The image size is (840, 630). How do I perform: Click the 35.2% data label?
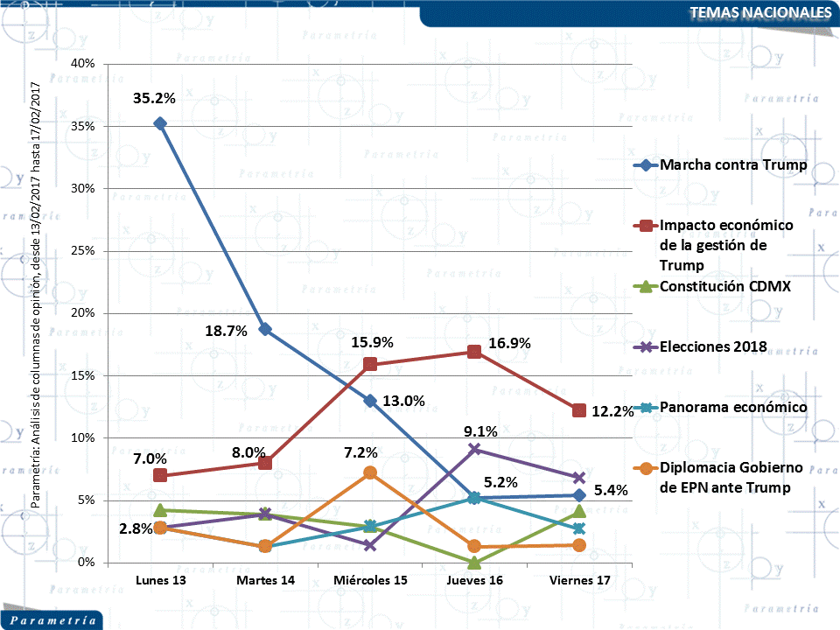pyautogui.click(x=154, y=98)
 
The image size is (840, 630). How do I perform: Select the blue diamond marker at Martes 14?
pyautogui.click(x=265, y=330)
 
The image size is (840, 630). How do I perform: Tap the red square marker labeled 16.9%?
pyautogui.click(x=474, y=352)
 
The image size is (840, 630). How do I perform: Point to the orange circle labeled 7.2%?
pyautogui.click(x=369, y=472)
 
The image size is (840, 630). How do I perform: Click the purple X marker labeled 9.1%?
pyautogui.click(x=474, y=449)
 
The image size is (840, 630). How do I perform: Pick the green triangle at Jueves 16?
pyautogui.click(x=474, y=562)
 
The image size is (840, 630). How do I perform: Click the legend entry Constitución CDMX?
pyautogui.click(x=721, y=286)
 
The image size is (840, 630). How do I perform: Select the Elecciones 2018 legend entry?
pyautogui.click(x=713, y=346)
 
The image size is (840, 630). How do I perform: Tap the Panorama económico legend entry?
pyautogui.click(x=733, y=407)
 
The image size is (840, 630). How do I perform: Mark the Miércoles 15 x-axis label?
pyautogui.click(x=369, y=580)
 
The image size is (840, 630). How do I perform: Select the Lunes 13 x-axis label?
pyautogui.click(x=160, y=580)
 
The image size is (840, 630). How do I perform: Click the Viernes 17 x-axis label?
pyautogui.click(x=578, y=580)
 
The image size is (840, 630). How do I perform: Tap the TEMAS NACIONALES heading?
pyautogui.click(x=759, y=12)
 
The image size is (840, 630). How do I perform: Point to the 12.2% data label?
pyautogui.click(x=612, y=411)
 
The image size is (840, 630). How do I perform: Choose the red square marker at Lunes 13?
pyautogui.click(x=160, y=475)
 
